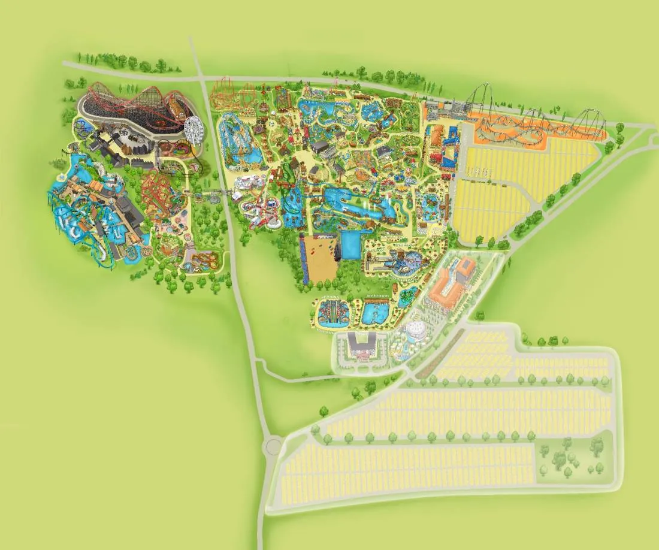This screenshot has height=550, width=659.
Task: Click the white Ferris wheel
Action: [193, 127]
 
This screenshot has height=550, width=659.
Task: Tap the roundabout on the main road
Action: [273, 446]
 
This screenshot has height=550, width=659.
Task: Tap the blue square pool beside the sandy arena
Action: [350, 246]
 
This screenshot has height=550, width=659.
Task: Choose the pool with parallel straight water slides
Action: [329, 313]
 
